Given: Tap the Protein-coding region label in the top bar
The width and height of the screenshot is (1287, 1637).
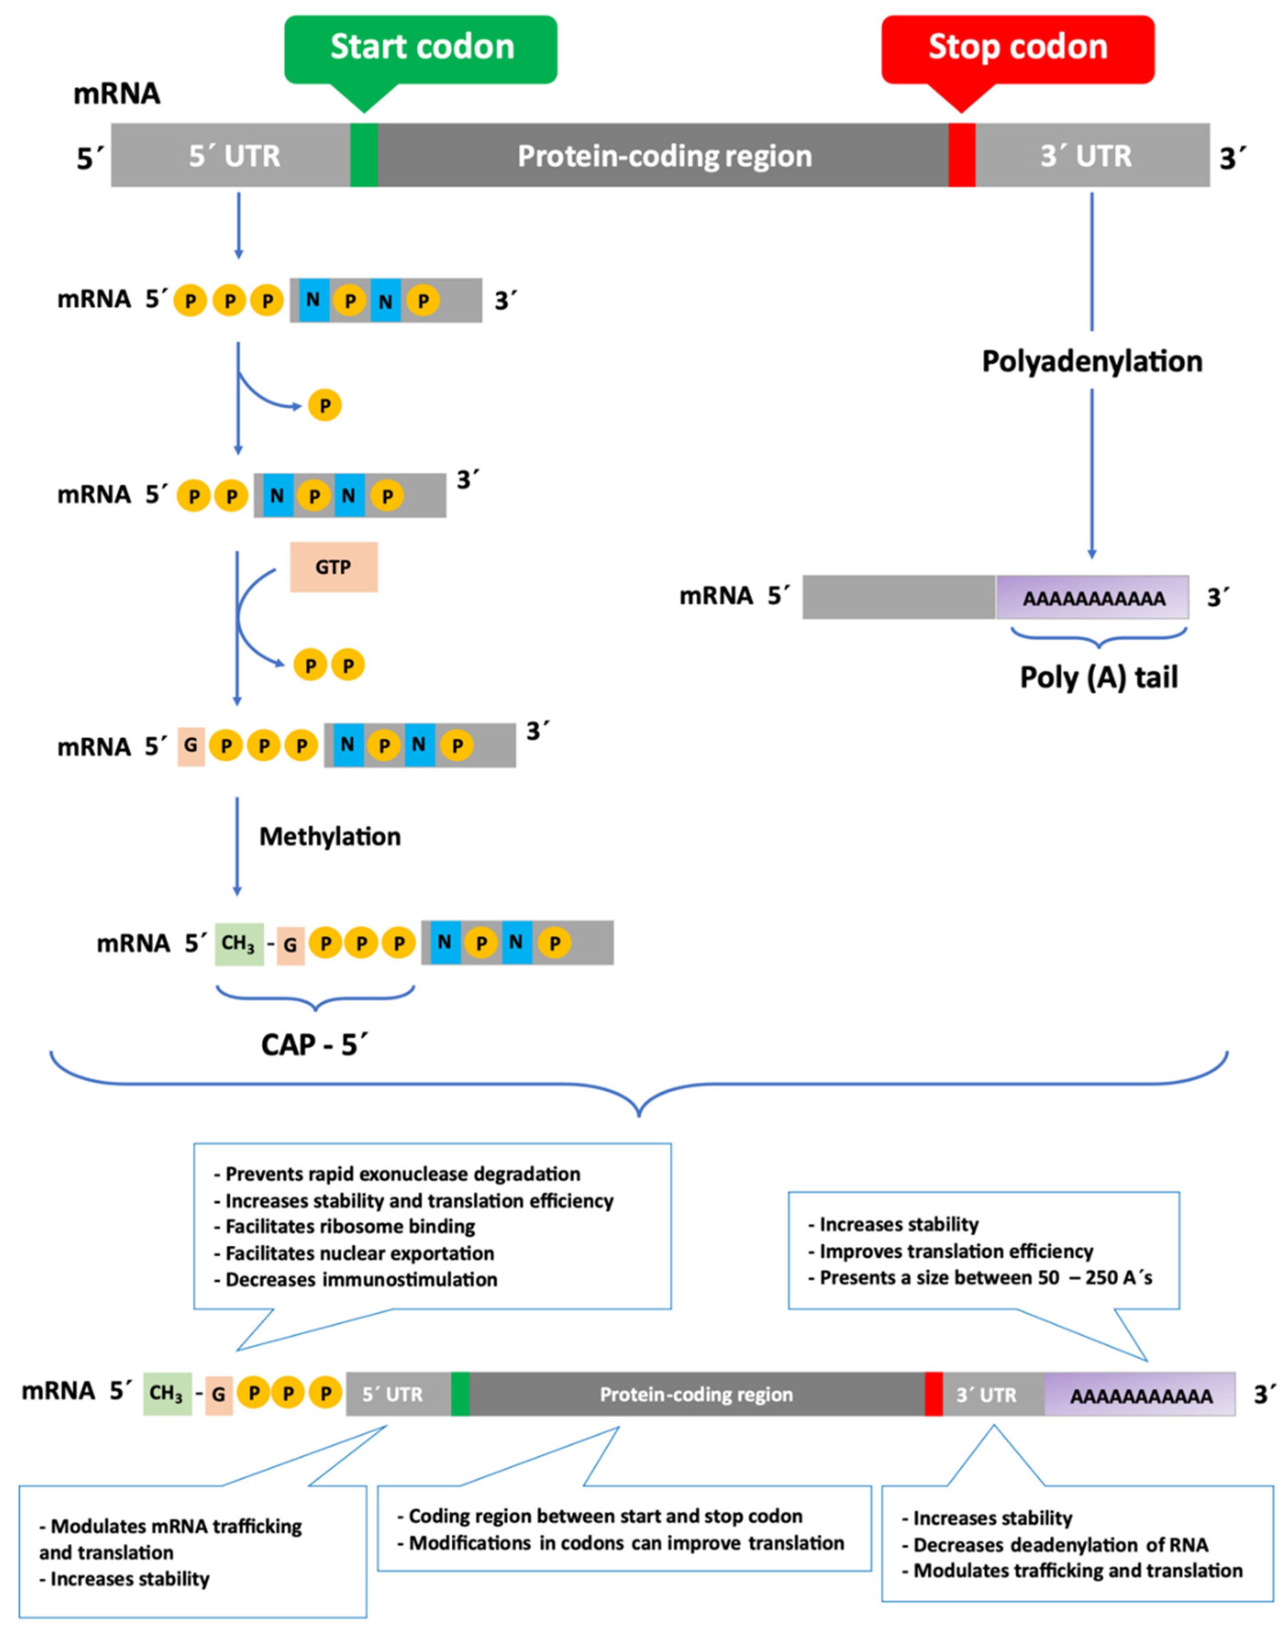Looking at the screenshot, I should (x=664, y=156).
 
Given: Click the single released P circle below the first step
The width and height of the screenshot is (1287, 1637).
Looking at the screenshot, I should (x=325, y=406).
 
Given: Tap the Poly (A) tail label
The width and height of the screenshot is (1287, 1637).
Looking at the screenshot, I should (x=1098, y=677).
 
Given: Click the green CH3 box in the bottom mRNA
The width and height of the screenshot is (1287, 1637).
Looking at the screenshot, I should (x=167, y=1394).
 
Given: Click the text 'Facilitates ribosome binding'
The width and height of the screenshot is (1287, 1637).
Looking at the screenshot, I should (x=350, y=1226).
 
